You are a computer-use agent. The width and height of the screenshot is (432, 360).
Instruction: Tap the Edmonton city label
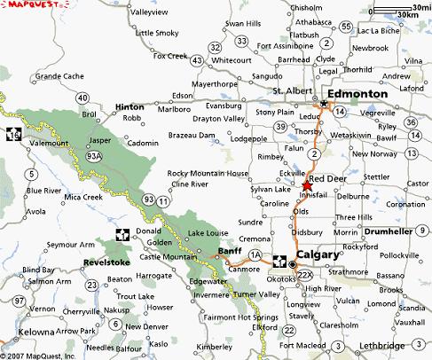point(357,93)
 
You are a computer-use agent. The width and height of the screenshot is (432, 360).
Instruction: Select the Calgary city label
point(318,255)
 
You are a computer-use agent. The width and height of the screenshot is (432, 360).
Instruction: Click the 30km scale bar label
point(410,15)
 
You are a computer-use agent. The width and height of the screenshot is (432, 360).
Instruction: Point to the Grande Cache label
point(59,76)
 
